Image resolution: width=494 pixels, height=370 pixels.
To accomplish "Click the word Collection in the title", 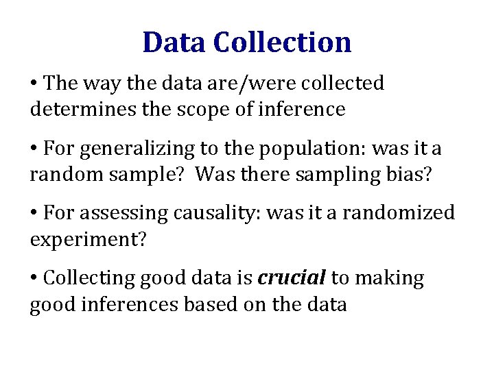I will tap(282, 42).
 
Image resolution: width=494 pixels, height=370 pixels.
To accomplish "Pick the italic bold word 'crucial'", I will tap(291, 279).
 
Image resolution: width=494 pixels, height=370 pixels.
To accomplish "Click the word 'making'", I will tap(392, 279).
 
